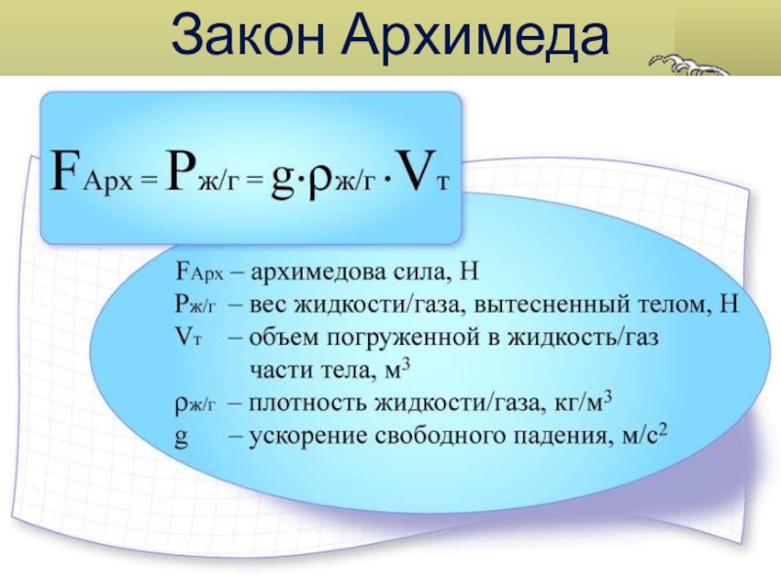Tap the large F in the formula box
point(66,170)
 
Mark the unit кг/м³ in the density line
point(583,402)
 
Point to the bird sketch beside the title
point(690,65)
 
